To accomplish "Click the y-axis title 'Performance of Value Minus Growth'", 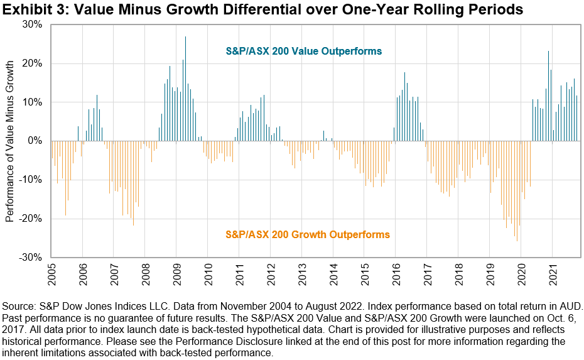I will click(10, 141).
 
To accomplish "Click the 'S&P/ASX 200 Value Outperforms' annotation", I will click(304, 51).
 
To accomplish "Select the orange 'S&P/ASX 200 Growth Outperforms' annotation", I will click(307, 234).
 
